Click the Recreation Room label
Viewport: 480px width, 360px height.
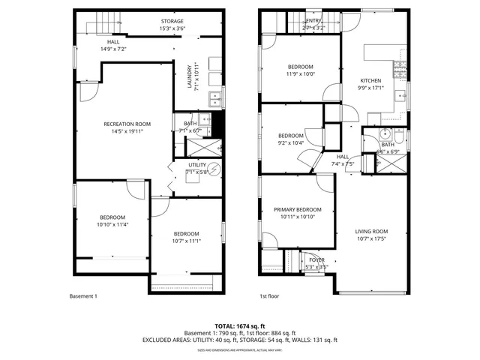click(x=127, y=124)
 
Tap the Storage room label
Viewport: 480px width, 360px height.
click(x=172, y=21)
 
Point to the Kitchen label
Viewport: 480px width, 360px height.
click(x=370, y=80)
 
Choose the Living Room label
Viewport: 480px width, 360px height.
click(x=370, y=231)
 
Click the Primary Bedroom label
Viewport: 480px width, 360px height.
click(x=297, y=209)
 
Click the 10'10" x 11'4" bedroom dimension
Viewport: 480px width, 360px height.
click(x=113, y=224)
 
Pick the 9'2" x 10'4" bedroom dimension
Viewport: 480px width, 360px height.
click(x=290, y=142)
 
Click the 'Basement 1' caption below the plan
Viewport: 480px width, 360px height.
click(x=83, y=295)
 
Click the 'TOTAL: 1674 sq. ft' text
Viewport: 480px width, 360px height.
click(x=240, y=325)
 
